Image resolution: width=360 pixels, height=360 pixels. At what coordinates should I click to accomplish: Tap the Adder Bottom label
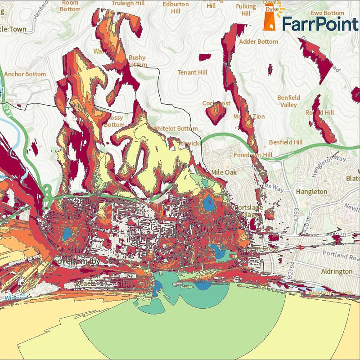[x=260, y=41]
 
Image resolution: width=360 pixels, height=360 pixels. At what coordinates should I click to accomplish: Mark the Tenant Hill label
[x=192, y=72]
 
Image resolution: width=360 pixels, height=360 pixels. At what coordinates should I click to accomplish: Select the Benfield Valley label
[x=288, y=101]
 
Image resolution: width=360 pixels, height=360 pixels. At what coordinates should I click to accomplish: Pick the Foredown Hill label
[x=253, y=155]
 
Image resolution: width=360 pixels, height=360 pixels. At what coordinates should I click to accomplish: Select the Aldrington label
[x=337, y=271]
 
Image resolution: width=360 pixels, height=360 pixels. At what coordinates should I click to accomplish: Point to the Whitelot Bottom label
[x=175, y=128]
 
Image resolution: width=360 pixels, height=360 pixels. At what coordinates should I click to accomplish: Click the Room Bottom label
[x=70, y=5]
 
